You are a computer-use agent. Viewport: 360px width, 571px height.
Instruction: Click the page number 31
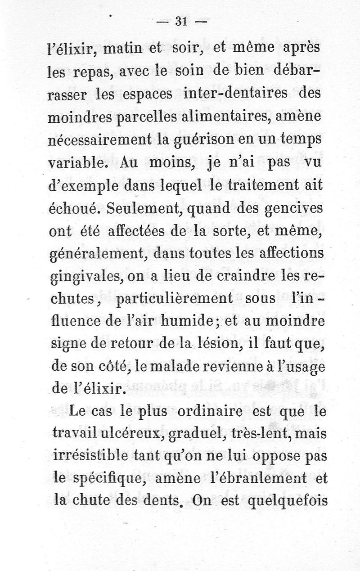[182, 21]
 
